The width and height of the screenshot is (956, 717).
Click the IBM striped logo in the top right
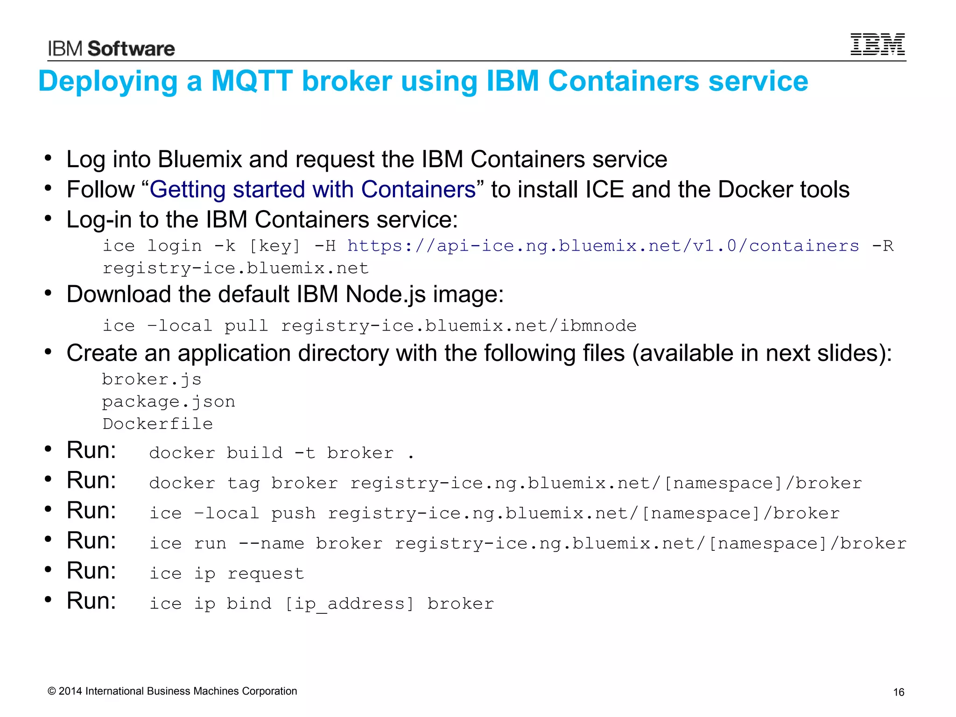pos(877,44)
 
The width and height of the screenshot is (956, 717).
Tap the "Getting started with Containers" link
pos(312,190)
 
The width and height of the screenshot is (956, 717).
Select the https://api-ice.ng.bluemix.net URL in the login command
pos(603,246)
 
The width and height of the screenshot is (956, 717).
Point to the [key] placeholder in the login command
pos(274,246)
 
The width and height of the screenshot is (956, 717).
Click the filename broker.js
pos(152,379)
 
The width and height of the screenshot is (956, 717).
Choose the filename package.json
pos(169,401)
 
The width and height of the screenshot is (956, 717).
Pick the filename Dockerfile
pos(158,424)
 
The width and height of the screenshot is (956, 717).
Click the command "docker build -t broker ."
pos(281,453)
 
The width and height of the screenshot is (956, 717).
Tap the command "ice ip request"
pos(226,573)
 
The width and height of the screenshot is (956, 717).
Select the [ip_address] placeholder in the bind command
pos(349,604)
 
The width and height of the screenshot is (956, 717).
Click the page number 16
pos(899,692)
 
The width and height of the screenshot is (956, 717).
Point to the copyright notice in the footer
pos(172,691)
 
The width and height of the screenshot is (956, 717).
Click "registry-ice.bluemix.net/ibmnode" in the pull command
pos(458,325)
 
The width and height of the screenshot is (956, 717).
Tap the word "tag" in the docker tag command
pos(243,483)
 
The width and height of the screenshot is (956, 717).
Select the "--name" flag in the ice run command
pos(271,543)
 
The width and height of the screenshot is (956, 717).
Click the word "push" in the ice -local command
pos(293,513)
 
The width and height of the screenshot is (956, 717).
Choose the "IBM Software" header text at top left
pos(111,49)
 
